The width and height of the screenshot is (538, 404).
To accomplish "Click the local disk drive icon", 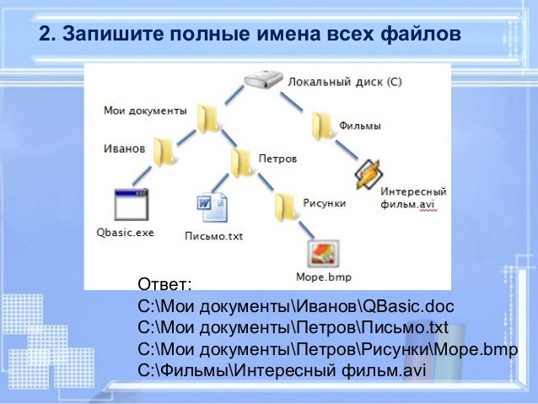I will [x=263, y=82].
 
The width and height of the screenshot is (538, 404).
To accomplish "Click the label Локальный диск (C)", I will [x=344, y=83].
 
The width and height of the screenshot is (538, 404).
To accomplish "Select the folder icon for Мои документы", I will [x=208, y=118].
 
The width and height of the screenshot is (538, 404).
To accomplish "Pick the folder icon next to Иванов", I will [x=166, y=150].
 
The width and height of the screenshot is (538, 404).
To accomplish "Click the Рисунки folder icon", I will [x=285, y=205].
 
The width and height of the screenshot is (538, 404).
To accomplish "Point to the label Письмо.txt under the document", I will [x=213, y=236].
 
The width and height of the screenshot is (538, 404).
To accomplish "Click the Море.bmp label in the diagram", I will [x=323, y=276].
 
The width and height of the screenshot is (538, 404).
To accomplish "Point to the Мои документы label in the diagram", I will [x=144, y=110].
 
